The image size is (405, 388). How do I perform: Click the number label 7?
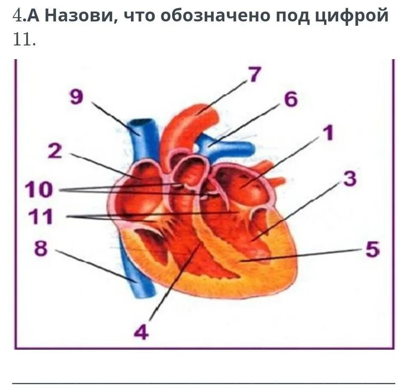[254, 74]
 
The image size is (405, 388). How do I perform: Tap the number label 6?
[290, 100]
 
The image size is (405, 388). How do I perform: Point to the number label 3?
[349, 179]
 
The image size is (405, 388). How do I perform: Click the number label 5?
[372, 250]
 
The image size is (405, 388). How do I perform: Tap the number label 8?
[41, 249]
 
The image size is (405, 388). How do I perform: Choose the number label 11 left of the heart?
[40, 217]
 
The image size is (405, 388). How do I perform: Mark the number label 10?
[39, 189]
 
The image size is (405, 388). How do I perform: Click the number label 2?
[54, 151]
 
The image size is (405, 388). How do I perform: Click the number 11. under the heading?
[24, 40]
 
